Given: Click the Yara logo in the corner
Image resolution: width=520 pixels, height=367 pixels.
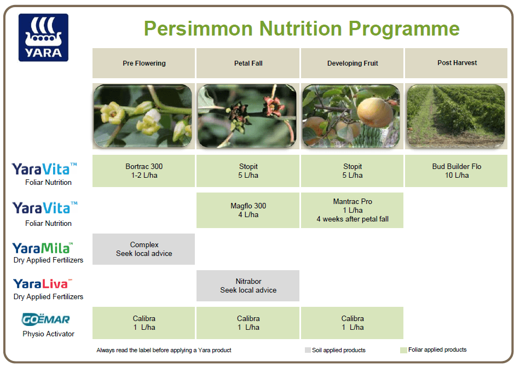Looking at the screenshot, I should tap(43, 37).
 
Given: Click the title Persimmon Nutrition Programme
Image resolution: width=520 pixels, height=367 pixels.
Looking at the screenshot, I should tap(301, 28).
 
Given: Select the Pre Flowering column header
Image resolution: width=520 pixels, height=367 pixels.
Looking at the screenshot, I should tap(143, 63).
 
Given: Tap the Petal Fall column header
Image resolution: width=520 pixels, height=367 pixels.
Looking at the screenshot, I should tap(248, 63).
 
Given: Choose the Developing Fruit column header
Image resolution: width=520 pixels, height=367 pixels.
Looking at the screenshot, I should tap(352, 63).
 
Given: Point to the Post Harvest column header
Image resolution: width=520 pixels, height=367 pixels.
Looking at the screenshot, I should tap(457, 63).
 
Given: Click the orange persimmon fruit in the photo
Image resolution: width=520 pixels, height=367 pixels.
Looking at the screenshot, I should tap(375, 112).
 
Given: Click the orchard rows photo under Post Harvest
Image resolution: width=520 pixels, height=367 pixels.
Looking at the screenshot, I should tap(457, 116).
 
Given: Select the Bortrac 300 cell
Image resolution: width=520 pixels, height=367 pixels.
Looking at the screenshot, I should tap(143, 171).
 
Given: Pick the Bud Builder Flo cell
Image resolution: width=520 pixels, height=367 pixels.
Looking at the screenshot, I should tap(457, 171).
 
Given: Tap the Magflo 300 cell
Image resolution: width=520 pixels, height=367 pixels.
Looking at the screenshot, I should tap(248, 210).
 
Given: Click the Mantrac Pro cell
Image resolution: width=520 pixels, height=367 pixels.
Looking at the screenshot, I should tap(352, 210).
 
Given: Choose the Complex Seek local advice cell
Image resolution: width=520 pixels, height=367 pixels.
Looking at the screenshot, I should tap(143, 249).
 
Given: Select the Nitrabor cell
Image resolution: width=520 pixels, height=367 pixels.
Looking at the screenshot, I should tap(248, 286).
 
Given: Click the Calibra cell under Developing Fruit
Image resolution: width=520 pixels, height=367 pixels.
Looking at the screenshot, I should tap(352, 323).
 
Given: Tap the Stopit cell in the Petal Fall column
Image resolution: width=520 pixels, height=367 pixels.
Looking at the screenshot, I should tap(248, 171).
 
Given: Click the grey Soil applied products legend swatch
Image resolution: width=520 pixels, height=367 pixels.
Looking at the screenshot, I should tap(308, 350).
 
